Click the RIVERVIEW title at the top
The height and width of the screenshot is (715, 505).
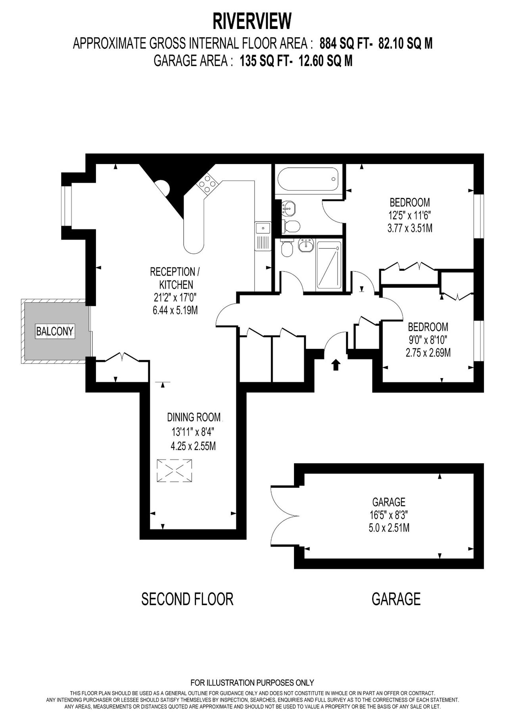coord(252,21)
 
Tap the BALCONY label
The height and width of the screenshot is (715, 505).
coord(55,331)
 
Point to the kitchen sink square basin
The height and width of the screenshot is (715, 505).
coord(263,228)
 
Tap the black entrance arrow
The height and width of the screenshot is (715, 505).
coord(336,364)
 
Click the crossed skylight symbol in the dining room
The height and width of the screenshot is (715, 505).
coord(175,471)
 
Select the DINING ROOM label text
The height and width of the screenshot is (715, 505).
coord(194,417)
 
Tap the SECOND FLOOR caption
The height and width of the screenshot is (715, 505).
coord(187,599)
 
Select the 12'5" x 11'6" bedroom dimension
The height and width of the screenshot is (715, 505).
coord(409,215)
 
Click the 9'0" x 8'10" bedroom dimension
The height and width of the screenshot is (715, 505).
coord(428,340)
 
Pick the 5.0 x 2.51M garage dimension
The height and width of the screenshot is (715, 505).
coord(388,528)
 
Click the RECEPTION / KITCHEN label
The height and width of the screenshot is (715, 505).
coord(175,278)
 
